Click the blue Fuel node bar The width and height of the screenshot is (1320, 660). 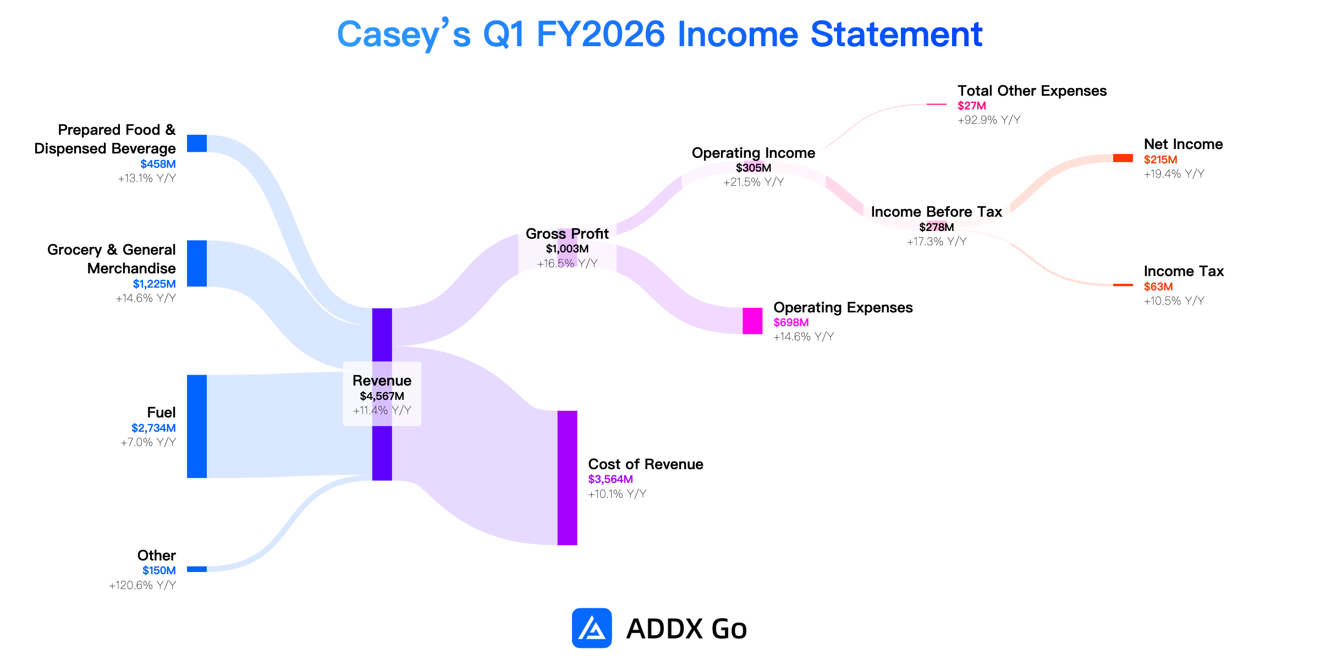click(197, 426)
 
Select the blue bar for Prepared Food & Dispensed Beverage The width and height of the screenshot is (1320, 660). click(197, 143)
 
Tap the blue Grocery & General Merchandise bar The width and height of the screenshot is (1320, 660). click(197, 263)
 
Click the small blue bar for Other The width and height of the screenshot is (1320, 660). click(197, 569)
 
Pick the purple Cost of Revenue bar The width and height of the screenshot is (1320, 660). click(567, 478)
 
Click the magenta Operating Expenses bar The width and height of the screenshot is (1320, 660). click(752, 321)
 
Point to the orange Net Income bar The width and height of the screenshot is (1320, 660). click(1123, 158)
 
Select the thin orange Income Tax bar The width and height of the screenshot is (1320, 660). click(1123, 285)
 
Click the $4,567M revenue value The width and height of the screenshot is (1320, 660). click(382, 396)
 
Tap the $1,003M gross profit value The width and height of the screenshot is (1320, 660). click(567, 249)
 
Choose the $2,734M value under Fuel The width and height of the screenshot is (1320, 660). click(153, 428)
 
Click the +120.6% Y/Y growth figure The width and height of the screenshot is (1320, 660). click(142, 585)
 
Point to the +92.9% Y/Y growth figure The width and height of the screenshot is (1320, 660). click(989, 120)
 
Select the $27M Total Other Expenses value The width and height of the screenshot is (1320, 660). click(972, 106)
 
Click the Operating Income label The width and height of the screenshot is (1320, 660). click(754, 153)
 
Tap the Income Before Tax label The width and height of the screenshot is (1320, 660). click(937, 212)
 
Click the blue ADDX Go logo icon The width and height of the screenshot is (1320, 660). click(592, 628)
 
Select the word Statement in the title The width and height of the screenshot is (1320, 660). click(897, 34)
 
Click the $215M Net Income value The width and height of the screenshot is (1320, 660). click(1160, 159)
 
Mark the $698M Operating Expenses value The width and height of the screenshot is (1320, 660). click(791, 322)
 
